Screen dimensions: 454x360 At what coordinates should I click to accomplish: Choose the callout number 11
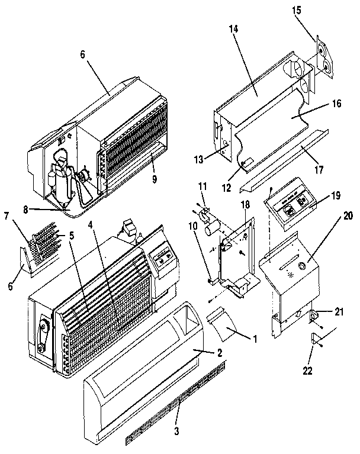(202, 186)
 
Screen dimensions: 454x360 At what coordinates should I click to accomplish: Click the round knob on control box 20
(302, 266)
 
